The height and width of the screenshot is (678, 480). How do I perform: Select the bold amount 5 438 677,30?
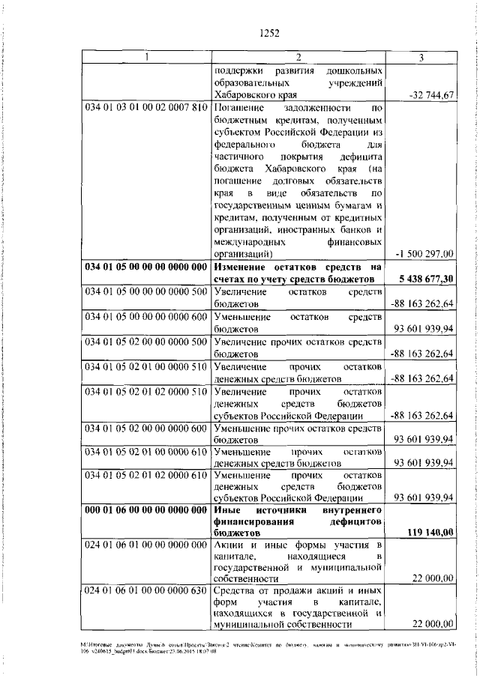(x=427, y=279)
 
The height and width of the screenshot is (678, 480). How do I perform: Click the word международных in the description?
(x=249, y=241)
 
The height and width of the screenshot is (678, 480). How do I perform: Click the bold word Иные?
(x=226, y=509)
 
